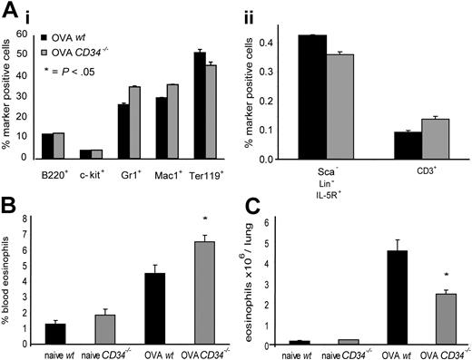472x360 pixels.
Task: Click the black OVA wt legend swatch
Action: tap(47, 35)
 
